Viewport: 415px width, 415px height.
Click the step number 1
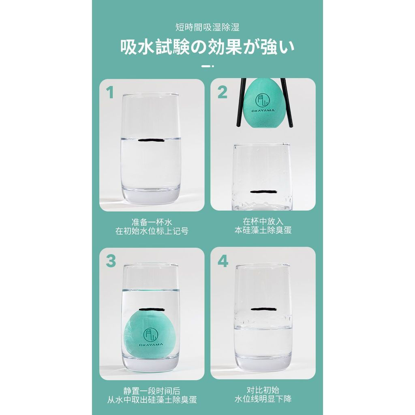tap(109, 92)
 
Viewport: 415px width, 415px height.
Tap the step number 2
tap(222, 92)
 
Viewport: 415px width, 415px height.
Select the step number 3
tap(111, 261)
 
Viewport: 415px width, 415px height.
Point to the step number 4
tap(223, 261)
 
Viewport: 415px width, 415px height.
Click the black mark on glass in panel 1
tap(152, 140)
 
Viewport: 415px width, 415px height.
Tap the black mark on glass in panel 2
tap(263, 191)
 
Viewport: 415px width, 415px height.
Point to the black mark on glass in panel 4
tap(263, 309)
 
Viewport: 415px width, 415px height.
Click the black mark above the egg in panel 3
tap(152, 309)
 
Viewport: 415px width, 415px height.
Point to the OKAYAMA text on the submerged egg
tap(151, 344)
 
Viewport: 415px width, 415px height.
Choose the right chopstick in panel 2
tap(287, 103)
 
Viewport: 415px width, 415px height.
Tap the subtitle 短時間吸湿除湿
tap(207, 27)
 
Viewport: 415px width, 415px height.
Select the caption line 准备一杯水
tap(152, 222)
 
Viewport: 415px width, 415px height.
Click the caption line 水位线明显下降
tap(263, 399)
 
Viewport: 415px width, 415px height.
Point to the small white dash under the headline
tap(207, 66)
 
